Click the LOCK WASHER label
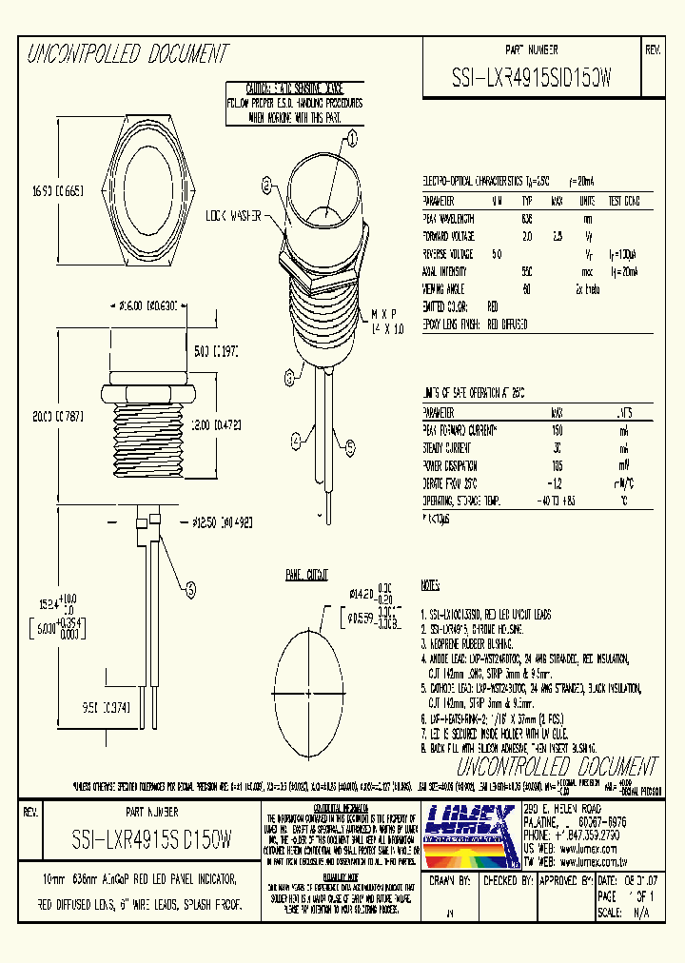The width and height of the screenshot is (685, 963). point(234,217)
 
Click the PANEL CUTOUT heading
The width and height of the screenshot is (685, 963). point(306,575)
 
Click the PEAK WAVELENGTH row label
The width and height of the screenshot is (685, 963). point(449,219)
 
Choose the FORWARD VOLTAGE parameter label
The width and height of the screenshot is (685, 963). point(451,237)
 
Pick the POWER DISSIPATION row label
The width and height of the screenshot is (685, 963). point(451,466)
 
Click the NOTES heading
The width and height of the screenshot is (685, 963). point(430,585)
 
